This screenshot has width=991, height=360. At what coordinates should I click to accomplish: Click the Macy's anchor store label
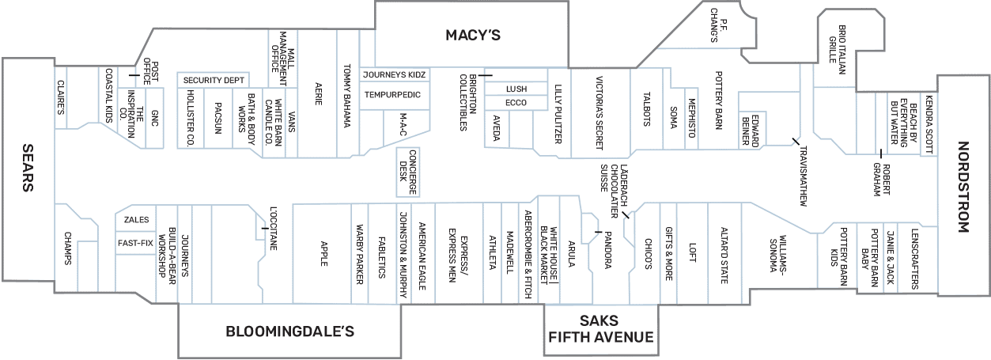473,35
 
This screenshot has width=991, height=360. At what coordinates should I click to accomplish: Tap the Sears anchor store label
27,169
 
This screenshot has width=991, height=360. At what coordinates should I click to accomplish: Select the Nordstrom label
963,187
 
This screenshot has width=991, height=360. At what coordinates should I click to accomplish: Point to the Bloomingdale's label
289,331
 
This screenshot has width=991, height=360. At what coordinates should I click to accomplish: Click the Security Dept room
214,80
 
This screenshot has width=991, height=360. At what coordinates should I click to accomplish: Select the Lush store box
516,89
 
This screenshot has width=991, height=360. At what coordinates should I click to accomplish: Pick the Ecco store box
516,103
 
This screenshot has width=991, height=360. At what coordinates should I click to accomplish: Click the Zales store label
135,220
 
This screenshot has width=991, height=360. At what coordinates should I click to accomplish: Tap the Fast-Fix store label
135,243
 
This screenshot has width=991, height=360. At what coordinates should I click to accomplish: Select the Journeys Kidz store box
395,74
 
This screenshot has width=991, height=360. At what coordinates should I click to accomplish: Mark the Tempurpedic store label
392,95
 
